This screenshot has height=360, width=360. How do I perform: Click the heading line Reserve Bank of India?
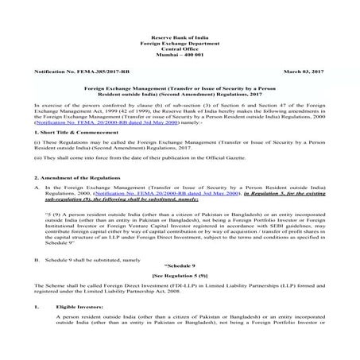tap(180, 37)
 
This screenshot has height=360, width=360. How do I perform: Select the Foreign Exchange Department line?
tap(180, 45)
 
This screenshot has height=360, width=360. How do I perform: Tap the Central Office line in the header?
tap(180, 52)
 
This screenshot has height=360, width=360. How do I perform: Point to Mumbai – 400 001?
tap(180, 59)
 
